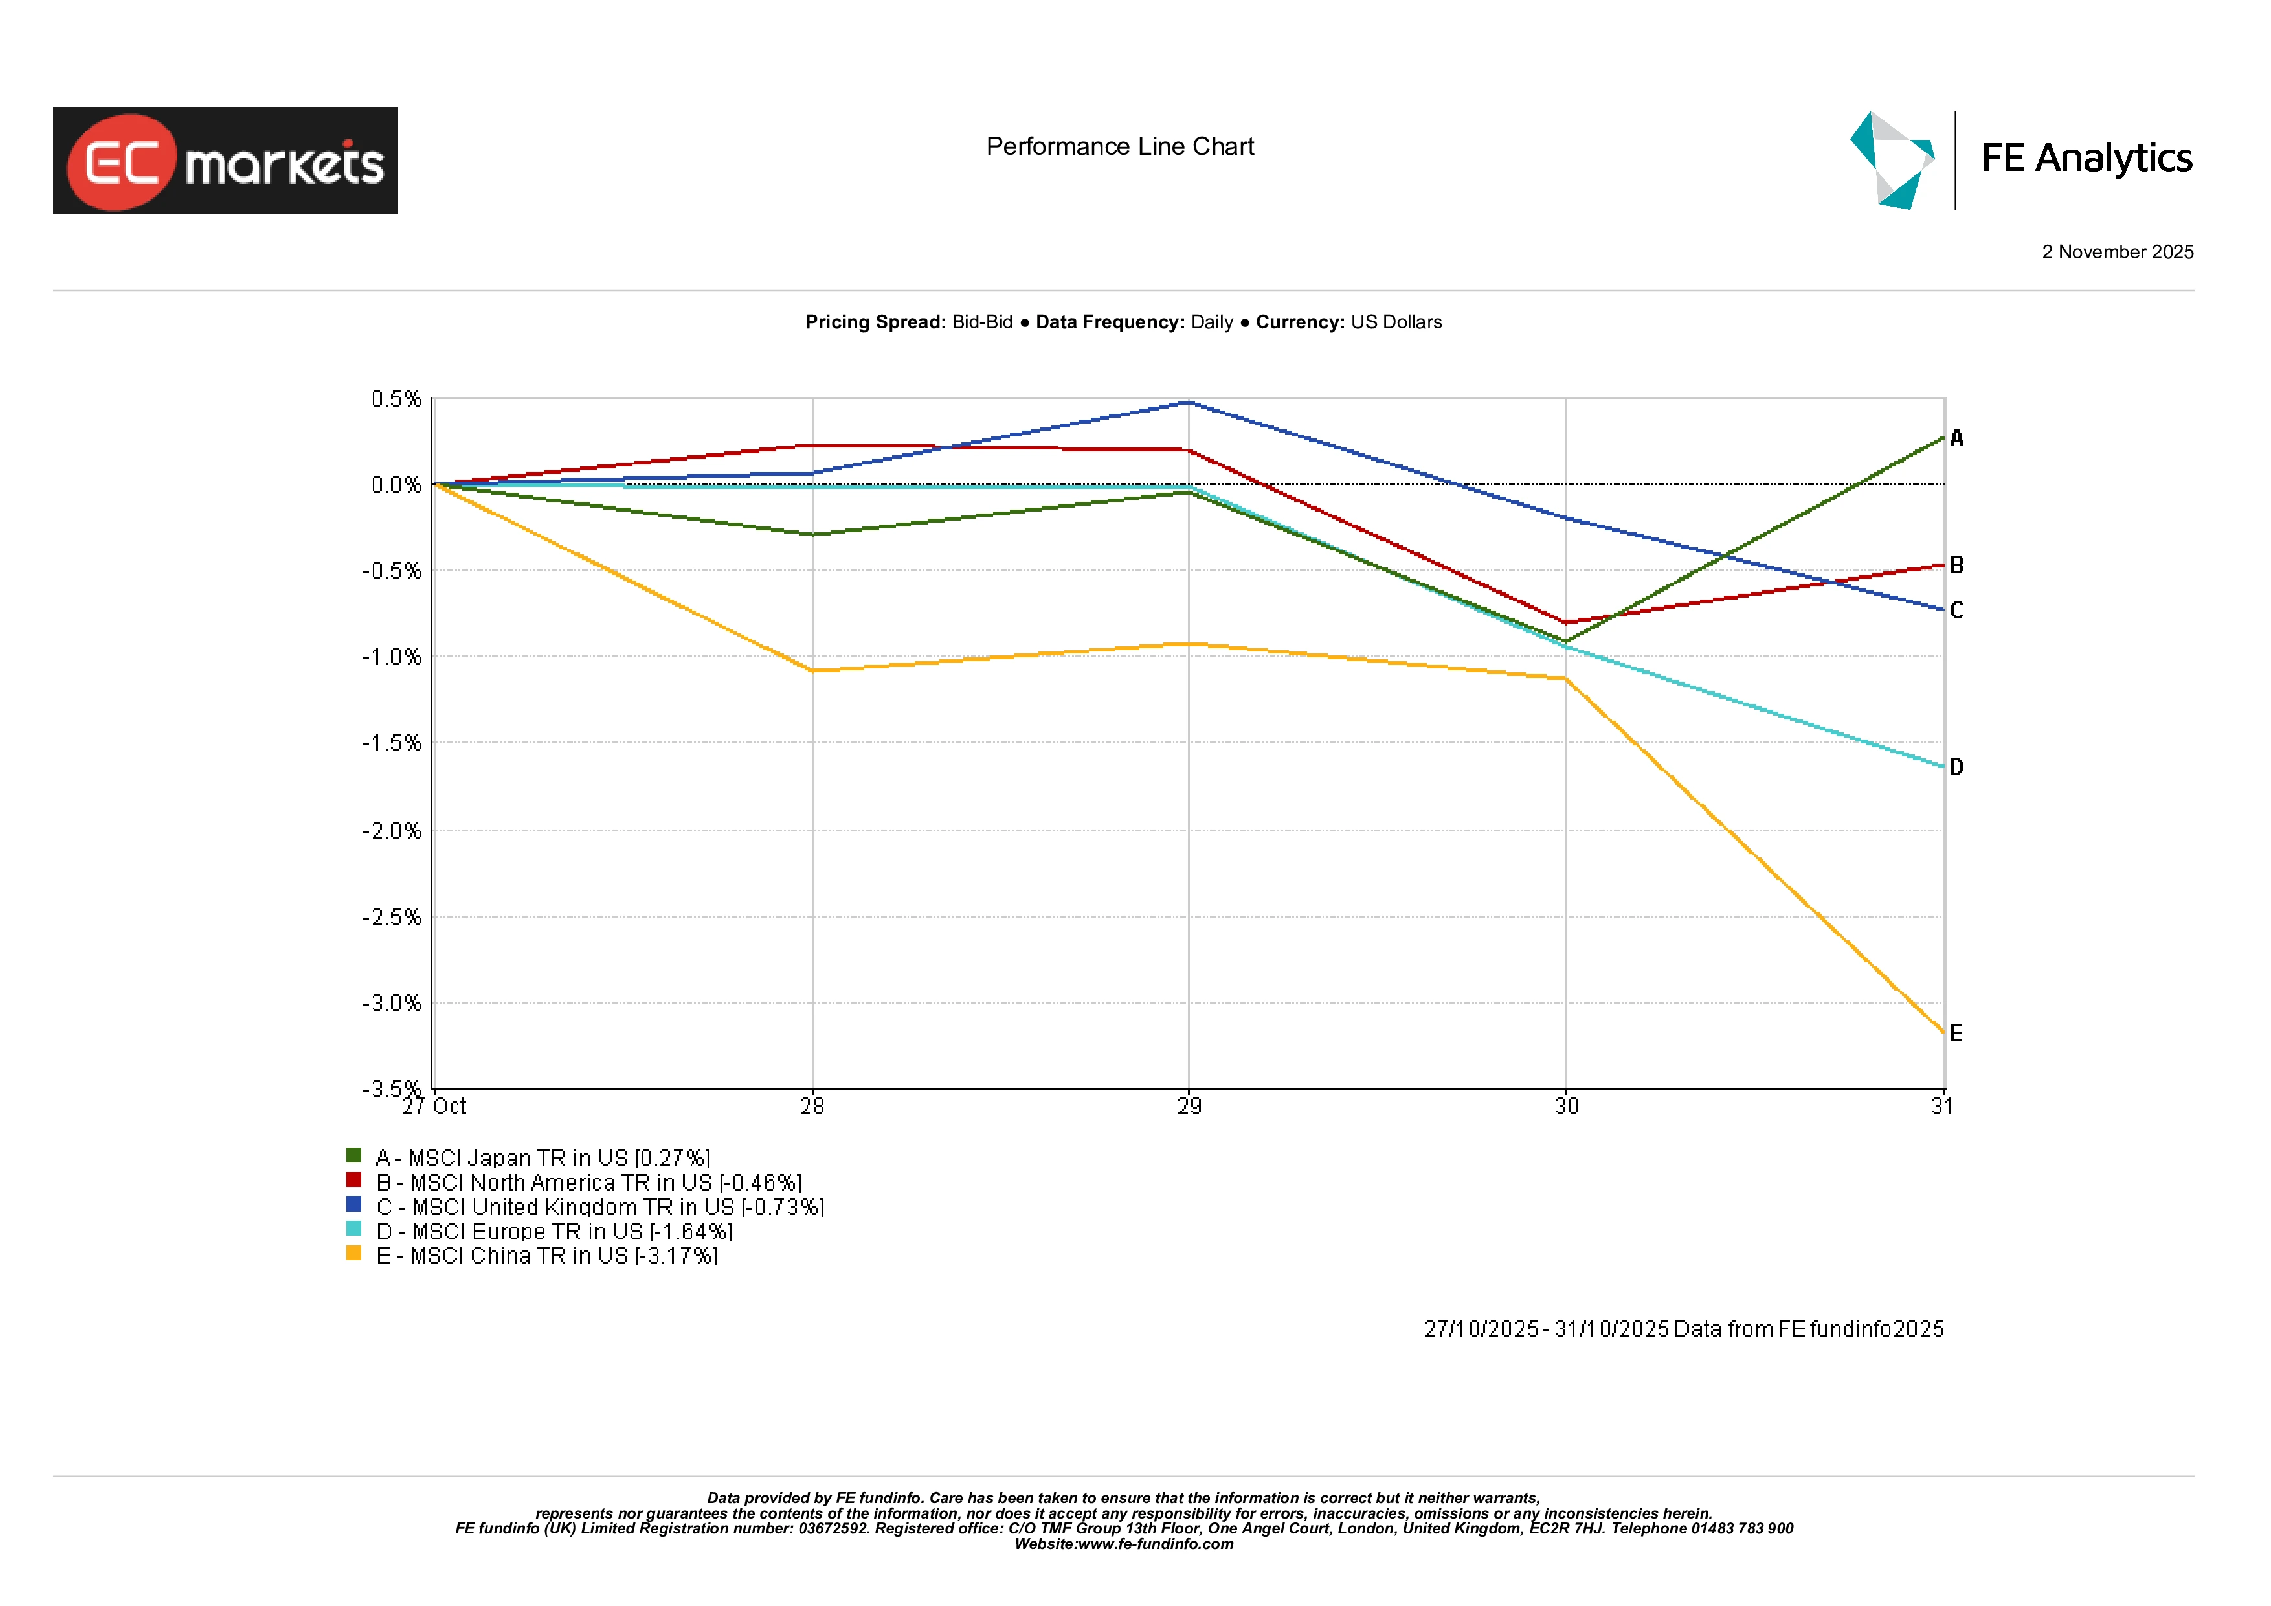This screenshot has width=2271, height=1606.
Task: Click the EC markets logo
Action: (225, 161)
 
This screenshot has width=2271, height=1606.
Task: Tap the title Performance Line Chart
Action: (1120, 146)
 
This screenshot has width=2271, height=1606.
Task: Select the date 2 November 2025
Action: (2117, 253)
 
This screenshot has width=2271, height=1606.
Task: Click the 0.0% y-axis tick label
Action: (396, 485)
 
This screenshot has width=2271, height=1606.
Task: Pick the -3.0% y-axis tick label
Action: (392, 1003)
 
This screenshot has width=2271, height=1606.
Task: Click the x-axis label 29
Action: (1189, 1106)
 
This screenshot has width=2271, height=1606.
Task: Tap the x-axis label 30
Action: (1567, 1106)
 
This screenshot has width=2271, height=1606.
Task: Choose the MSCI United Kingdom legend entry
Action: (599, 1207)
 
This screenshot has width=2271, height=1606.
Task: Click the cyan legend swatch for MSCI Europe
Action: (353, 1229)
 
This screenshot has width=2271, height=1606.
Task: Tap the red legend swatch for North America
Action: (353, 1179)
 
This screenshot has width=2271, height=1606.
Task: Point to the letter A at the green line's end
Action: (1956, 438)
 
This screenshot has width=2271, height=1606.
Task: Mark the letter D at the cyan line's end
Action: (1956, 767)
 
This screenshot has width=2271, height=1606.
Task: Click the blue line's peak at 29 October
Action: (1189, 403)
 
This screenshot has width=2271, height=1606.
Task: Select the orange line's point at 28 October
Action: (812, 671)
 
